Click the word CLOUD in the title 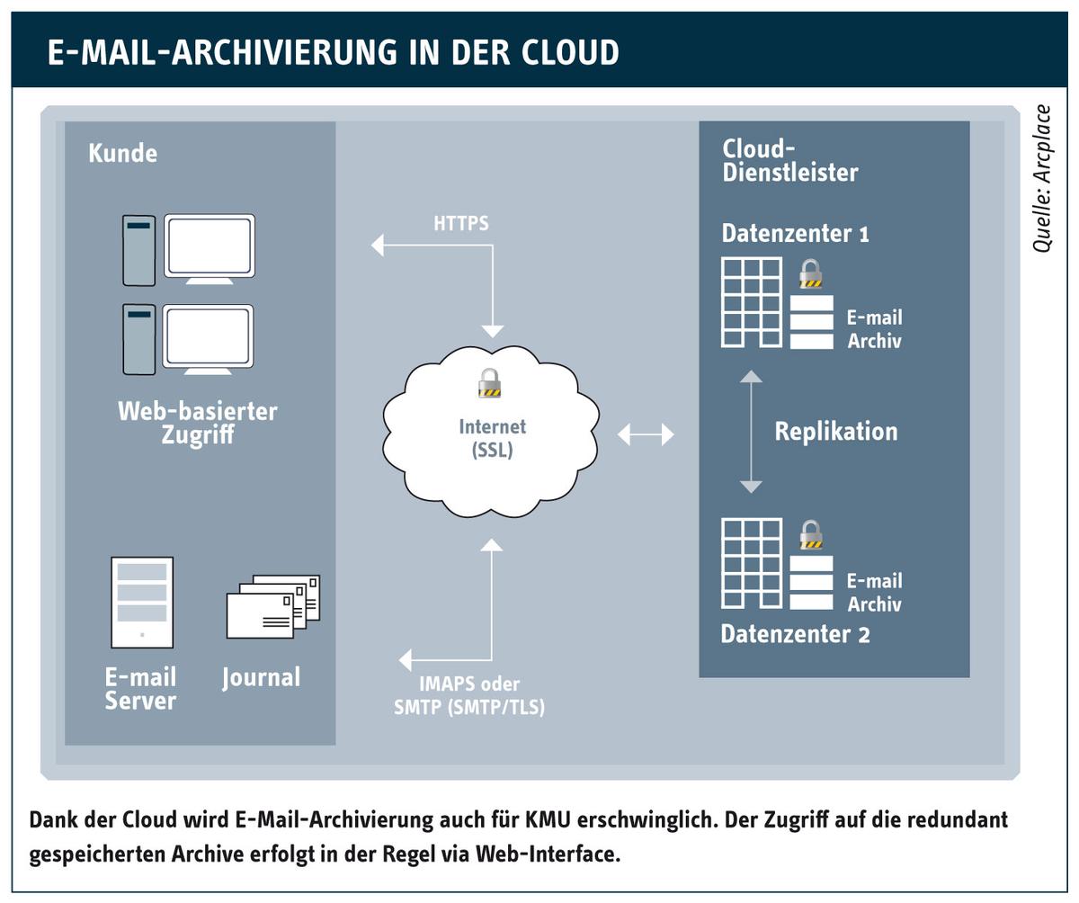click(569, 52)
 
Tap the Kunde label click(123, 153)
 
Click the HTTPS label click(461, 223)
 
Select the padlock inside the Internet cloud click(489, 383)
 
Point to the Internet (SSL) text click(493, 438)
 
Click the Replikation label click(836, 431)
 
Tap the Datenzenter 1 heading click(795, 233)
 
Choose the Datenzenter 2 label click(795, 634)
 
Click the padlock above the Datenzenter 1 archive click(810, 273)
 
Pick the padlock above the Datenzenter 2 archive click(811, 534)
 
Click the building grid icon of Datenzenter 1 click(752, 302)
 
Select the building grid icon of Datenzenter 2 click(752, 563)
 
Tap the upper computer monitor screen click(210, 246)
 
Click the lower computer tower click(139, 340)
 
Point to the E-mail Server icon click(142, 603)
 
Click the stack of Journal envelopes click(273, 607)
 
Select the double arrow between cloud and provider click(646, 434)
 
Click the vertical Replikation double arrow click(751, 432)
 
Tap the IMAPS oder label click(469, 684)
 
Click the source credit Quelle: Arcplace click(1042, 178)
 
